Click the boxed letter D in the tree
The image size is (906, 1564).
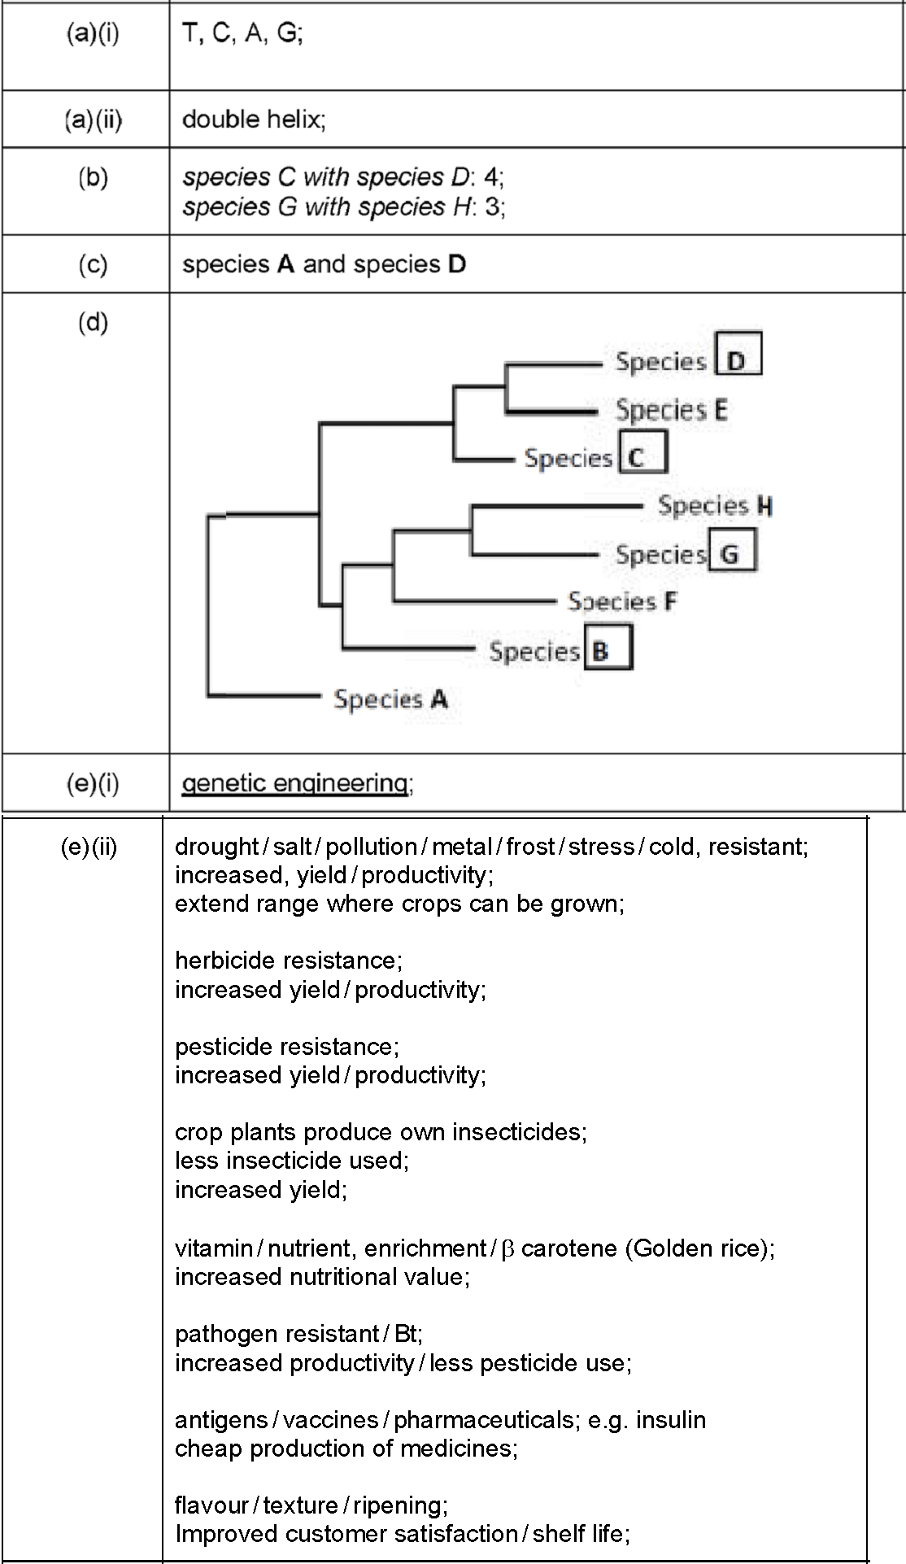(738, 352)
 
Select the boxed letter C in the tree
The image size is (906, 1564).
(642, 451)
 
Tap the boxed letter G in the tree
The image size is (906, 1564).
(732, 549)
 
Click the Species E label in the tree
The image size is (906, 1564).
(672, 410)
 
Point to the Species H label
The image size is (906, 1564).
(715, 506)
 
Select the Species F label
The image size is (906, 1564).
(622, 602)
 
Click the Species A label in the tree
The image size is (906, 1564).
(391, 699)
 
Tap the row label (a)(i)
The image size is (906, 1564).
(93, 35)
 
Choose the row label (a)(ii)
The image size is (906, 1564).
(94, 120)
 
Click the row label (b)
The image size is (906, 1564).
(93, 177)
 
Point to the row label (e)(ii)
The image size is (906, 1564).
(89, 847)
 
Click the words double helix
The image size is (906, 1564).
(253, 120)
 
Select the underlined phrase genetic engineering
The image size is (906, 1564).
(294, 783)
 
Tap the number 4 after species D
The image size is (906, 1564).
(490, 177)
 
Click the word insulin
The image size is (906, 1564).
(671, 1419)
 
